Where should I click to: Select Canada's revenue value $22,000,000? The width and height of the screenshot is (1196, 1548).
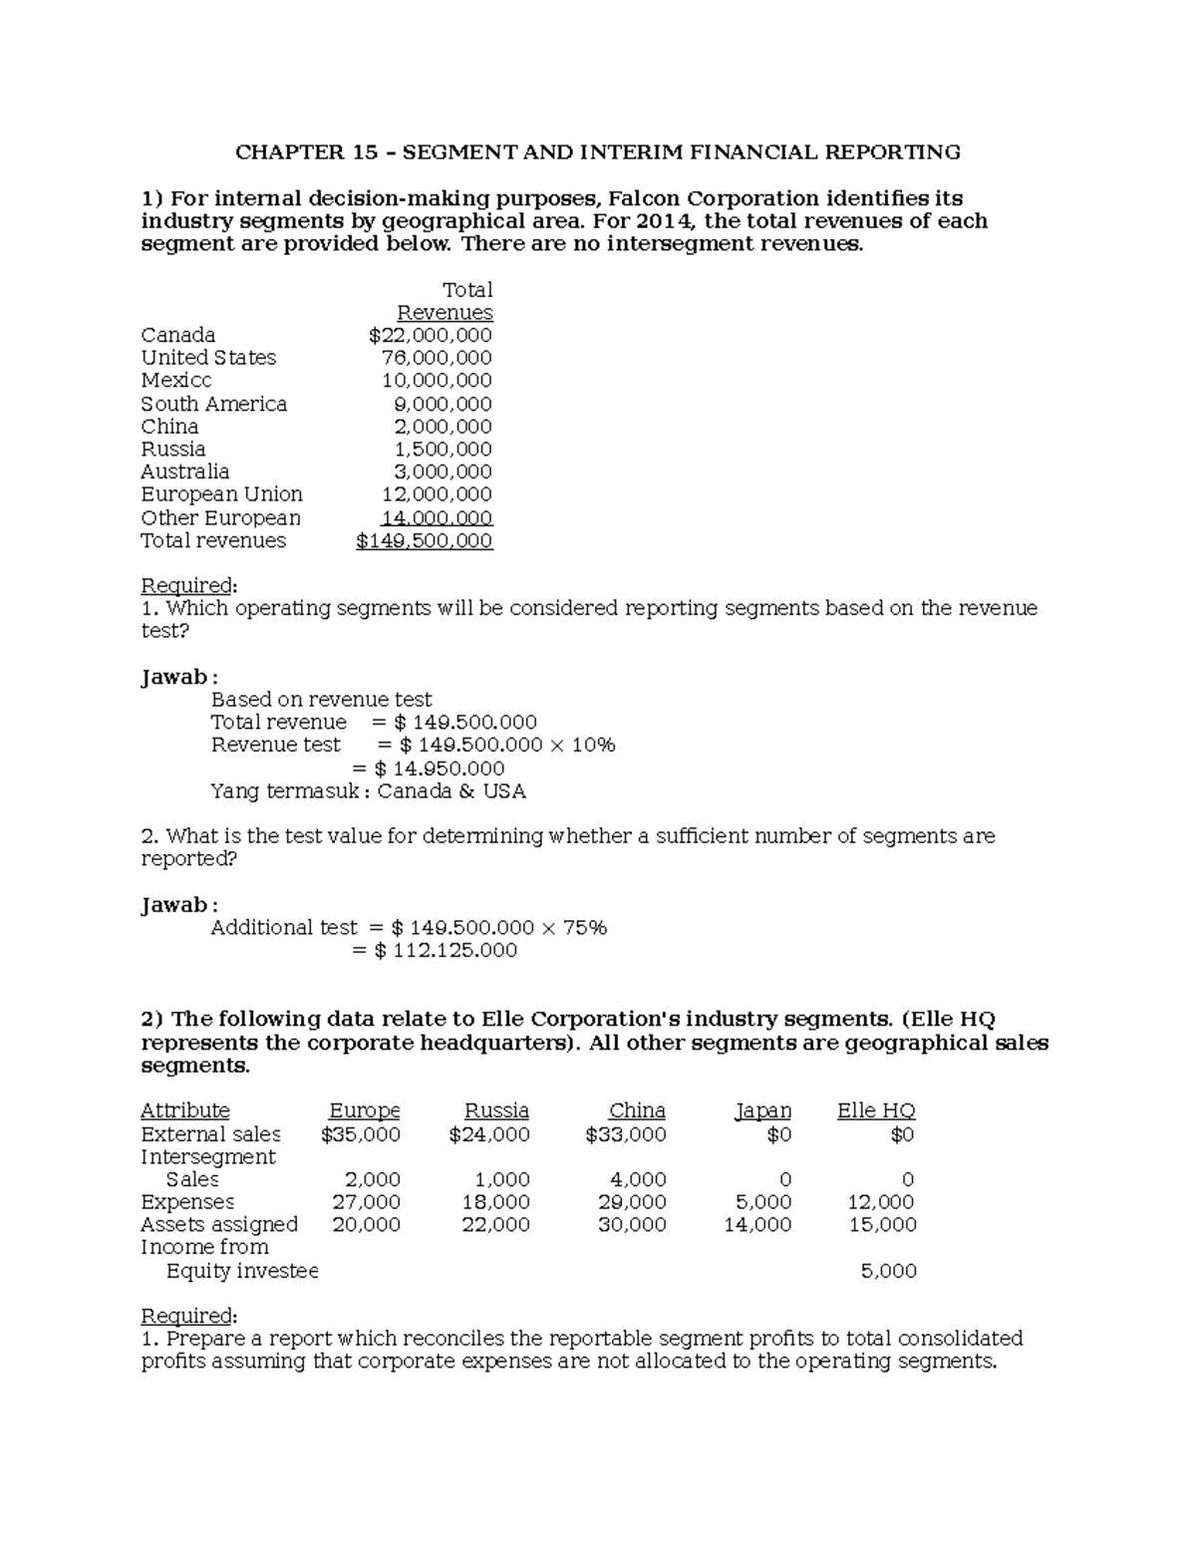[x=430, y=336]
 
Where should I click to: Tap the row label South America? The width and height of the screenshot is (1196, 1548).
[x=213, y=404]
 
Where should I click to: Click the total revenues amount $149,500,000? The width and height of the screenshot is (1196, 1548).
[x=425, y=541]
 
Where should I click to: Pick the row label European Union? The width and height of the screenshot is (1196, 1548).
[x=221, y=494]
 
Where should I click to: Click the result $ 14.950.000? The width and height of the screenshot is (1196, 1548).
[x=440, y=769]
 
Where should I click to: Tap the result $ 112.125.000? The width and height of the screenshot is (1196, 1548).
[x=446, y=950]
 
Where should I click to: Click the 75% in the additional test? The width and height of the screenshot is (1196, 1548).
[x=584, y=928]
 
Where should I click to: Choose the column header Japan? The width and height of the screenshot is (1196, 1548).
[x=763, y=1110]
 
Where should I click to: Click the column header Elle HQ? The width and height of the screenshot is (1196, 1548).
[x=876, y=1110]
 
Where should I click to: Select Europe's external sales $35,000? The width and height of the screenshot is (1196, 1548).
[x=361, y=1134]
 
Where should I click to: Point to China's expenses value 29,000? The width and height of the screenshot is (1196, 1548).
[x=632, y=1202]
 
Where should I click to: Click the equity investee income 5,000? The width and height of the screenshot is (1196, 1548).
[x=888, y=1271]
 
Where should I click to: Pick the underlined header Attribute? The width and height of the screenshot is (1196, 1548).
[x=184, y=1110]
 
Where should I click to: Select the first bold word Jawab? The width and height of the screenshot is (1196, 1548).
[x=173, y=678]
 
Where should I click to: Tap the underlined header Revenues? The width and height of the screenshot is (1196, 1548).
[x=445, y=313]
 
